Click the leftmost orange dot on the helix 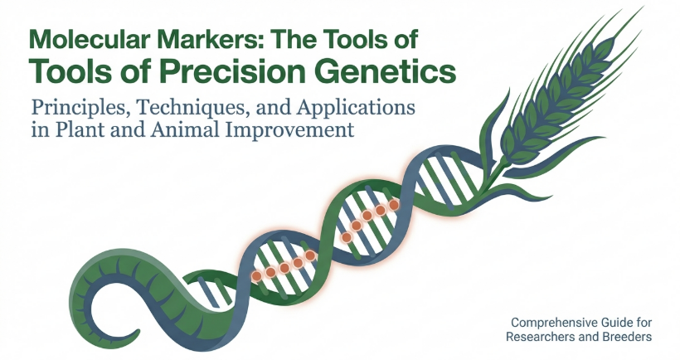coord(257,276)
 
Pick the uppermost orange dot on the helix coord(394,205)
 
